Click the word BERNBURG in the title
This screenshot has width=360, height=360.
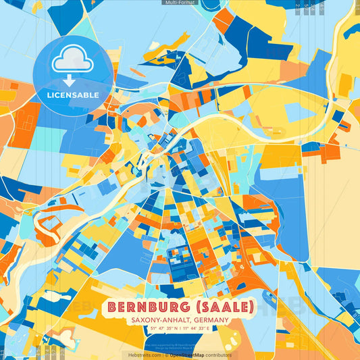point(148,307)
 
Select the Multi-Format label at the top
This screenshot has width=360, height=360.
point(180,3)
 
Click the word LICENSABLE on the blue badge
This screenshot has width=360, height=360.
point(74,95)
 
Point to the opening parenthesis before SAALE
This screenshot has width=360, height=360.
point(193,307)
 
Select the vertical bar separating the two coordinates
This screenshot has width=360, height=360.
point(180,328)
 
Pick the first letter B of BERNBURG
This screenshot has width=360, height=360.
point(111,307)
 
